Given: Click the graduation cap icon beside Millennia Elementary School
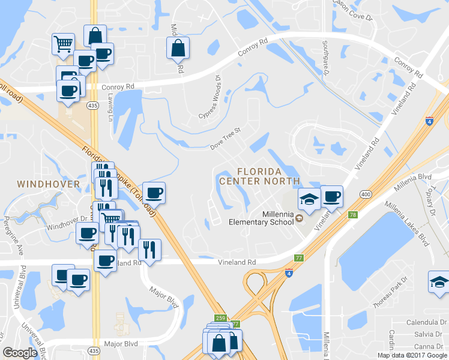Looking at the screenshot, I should pyautogui.click(x=309, y=200).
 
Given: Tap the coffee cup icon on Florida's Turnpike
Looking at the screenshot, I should pyautogui.click(x=154, y=193).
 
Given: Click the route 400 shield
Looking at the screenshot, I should pyautogui.click(x=365, y=194).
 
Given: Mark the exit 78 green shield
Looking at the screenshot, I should pyautogui.click(x=352, y=215).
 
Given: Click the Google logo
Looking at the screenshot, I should pyautogui.click(x=20, y=353).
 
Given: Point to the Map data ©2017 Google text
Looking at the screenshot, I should pyautogui.click(x=412, y=355).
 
